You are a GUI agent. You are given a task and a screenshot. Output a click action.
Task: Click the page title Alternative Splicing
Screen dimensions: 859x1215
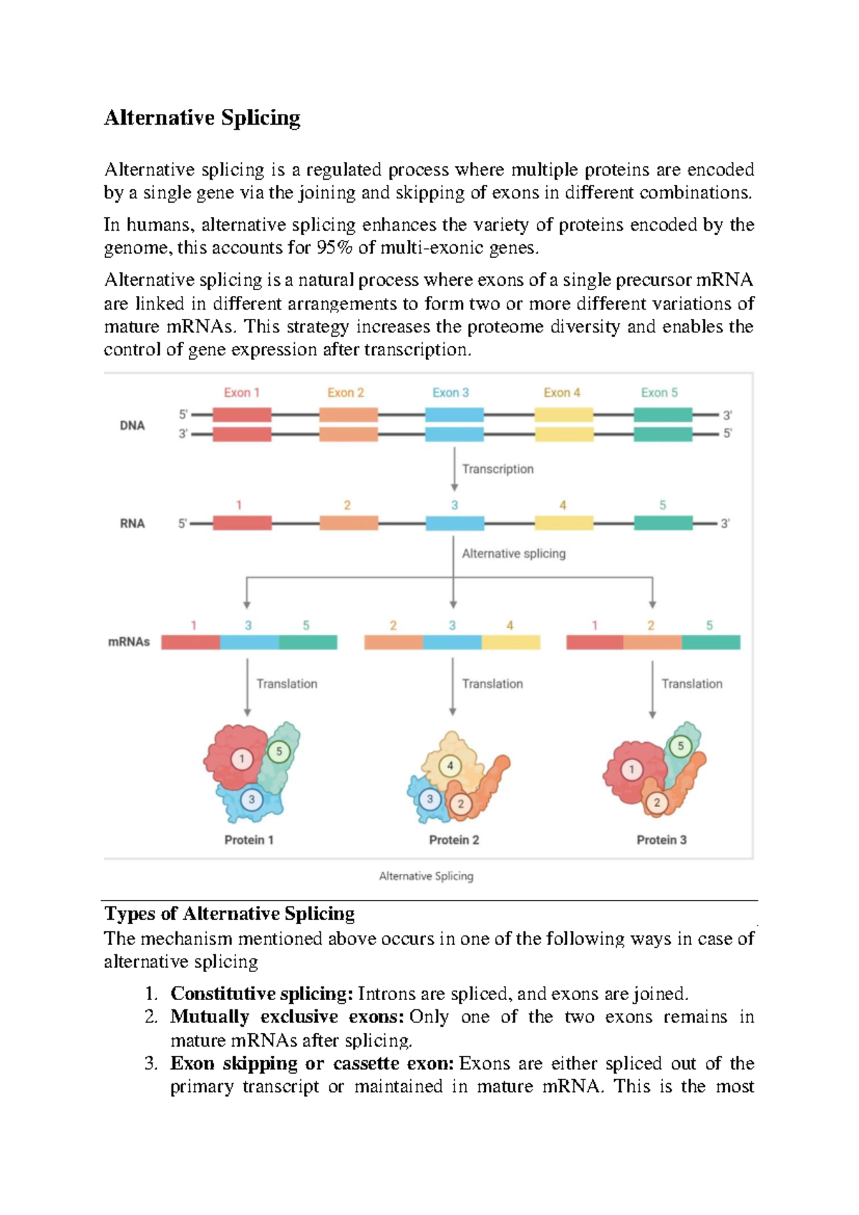202,117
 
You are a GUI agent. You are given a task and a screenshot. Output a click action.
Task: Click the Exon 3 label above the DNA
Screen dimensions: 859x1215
450,393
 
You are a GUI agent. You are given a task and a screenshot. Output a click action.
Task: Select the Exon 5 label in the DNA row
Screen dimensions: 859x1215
659,393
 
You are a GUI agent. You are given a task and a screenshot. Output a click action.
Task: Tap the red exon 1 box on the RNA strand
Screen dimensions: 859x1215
242,523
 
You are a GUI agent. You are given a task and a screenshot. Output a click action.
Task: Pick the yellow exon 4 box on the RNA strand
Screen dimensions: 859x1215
563,523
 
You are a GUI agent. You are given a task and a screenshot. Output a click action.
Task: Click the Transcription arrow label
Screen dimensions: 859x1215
498,469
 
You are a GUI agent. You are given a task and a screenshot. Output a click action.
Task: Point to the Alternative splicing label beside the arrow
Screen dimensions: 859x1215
513,554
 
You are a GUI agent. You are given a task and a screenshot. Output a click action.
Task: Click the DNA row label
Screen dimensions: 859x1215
132,426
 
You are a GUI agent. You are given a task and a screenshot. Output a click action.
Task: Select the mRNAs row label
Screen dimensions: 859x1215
129,642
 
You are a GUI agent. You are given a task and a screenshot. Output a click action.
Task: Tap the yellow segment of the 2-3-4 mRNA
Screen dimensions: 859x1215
510,642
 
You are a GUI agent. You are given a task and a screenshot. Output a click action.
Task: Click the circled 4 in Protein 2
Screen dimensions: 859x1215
450,766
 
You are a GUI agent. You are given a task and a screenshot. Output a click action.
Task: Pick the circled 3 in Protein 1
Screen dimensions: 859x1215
251,799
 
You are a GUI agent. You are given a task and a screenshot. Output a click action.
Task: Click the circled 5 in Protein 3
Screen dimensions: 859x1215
680,746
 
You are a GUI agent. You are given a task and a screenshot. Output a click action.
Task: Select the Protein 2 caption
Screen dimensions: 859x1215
454,840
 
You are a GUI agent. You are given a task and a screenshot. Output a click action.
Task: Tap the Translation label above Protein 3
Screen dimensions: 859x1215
691,684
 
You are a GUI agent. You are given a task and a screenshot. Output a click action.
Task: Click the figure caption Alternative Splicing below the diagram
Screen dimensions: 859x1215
426,876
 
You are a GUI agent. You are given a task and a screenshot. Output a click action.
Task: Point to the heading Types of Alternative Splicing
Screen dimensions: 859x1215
230,914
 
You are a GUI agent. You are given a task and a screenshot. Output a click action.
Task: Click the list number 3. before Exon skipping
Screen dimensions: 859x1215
150,1063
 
